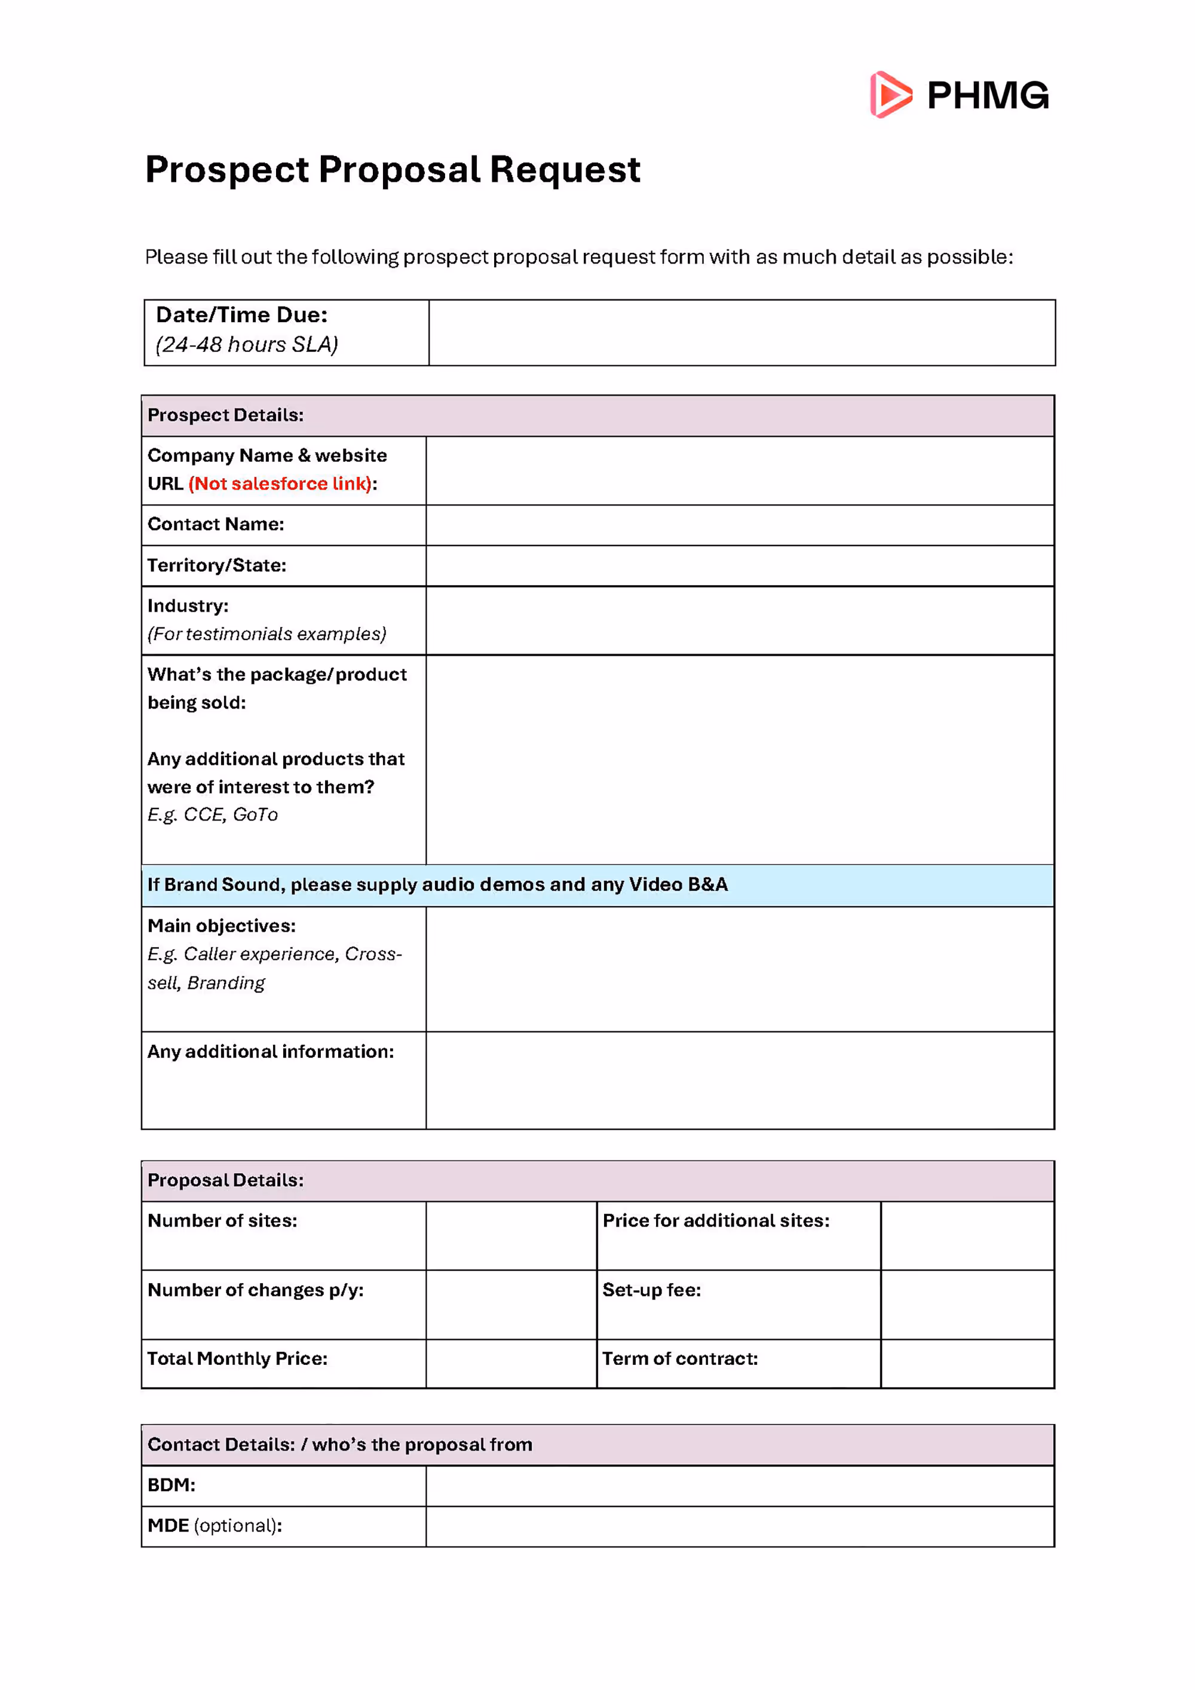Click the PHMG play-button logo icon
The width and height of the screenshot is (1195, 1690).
(x=890, y=95)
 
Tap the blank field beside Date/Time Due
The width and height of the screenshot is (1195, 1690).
(x=741, y=333)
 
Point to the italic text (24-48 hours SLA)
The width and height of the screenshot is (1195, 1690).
(x=247, y=344)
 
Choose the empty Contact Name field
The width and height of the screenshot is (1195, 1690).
(x=740, y=525)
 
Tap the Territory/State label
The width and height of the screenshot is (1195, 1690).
(x=216, y=565)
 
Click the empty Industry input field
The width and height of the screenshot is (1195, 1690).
(x=740, y=620)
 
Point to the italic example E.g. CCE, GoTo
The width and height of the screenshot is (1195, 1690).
(x=213, y=815)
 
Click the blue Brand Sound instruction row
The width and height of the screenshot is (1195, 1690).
(x=597, y=885)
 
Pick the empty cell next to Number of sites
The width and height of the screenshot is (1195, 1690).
(x=511, y=1236)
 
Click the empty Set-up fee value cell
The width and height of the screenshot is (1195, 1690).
(x=967, y=1305)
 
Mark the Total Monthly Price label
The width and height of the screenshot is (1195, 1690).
(x=237, y=1359)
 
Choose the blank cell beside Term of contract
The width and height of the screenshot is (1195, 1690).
(x=967, y=1363)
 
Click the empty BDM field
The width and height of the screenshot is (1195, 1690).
(x=740, y=1486)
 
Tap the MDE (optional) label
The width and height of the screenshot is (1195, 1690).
(x=214, y=1526)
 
